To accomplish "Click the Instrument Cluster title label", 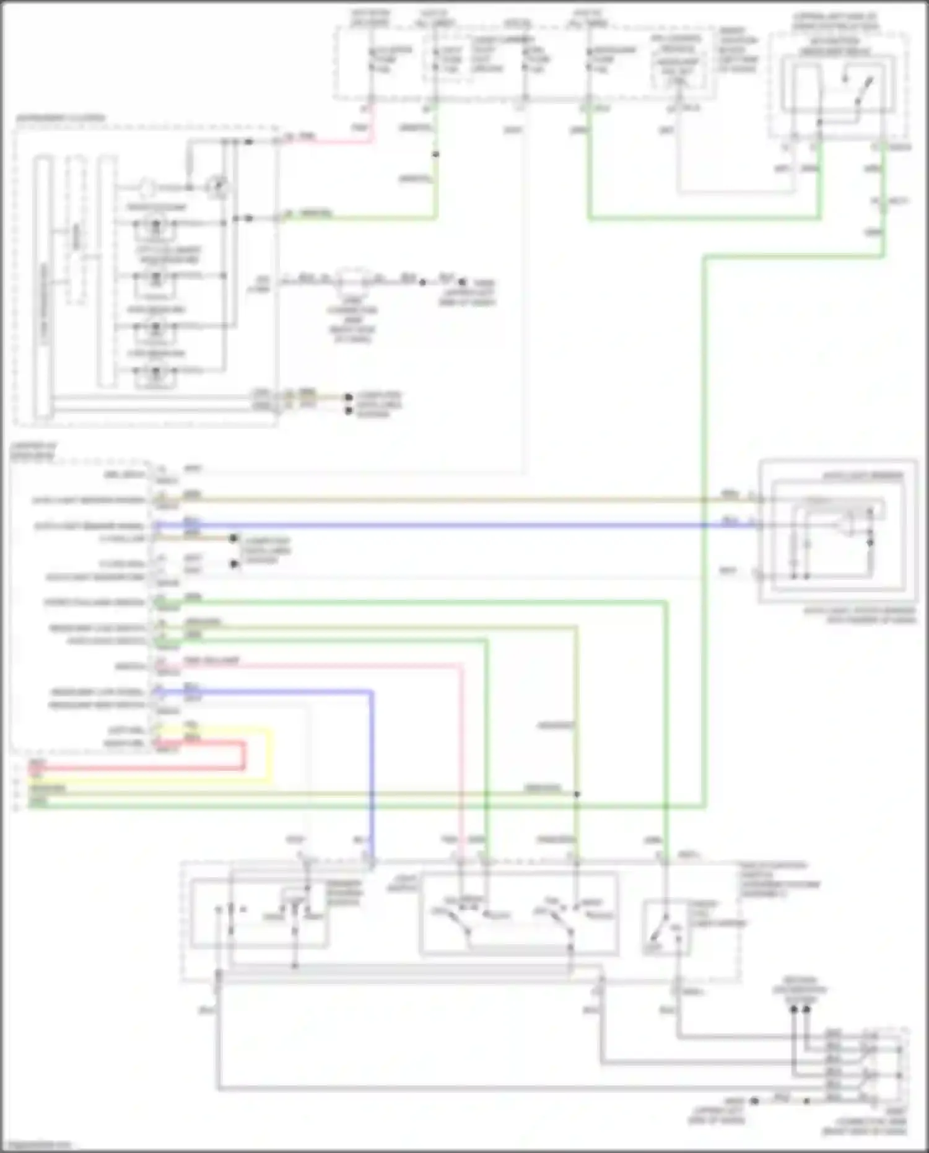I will click(x=60, y=118).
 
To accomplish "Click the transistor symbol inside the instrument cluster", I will click(x=217, y=186).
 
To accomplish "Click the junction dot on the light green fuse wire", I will click(x=435, y=154).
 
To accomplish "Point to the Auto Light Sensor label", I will click(x=861, y=476).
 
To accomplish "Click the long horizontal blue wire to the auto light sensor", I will click(x=434, y=525).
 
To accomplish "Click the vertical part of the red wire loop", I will click(x=243, y=756).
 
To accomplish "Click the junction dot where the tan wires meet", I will click(x=577, y=794).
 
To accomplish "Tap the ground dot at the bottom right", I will click(x=754, y=1102).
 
